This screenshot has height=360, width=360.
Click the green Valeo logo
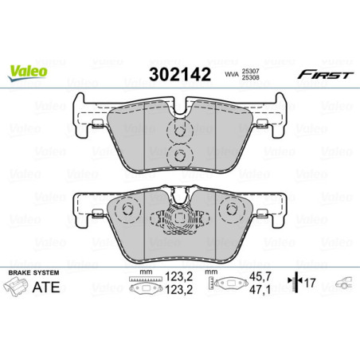pyautogui.click(x=28, y=71)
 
